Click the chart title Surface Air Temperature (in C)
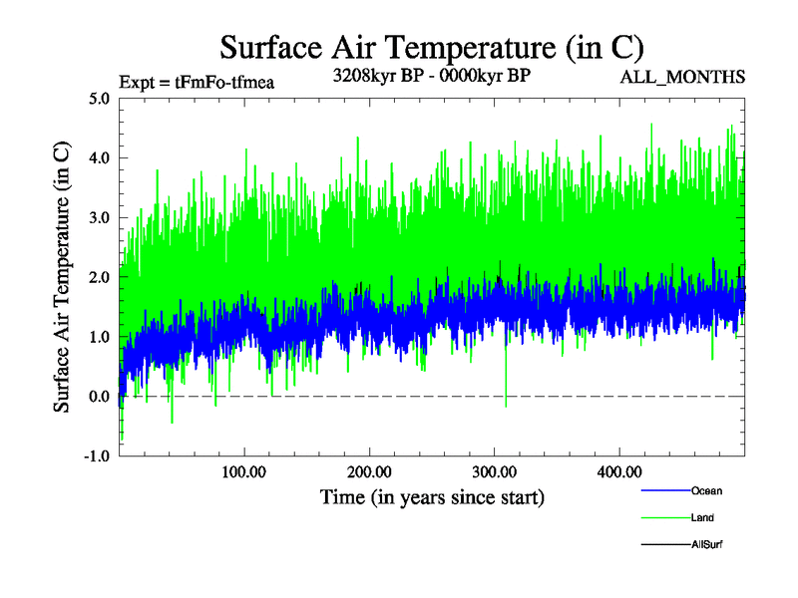[x=432, y=47]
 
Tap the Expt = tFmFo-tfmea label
[x=196, y=83]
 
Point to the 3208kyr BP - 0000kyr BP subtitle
[x=432, y=75]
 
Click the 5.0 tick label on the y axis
[x=100, y=98]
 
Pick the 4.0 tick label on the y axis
[x=100, y=157]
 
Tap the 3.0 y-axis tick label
[x=100, y=217]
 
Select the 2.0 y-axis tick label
[x=100, y=277]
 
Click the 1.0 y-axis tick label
[x=100, y=337]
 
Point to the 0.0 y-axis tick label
[x=100, y=397]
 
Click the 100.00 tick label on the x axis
[x=243, y=471]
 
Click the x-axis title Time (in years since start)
[x=432, y=496]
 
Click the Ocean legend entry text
[x=706, y=490]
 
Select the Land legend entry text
[x=702, y=517]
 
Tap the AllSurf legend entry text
[x=706, y=544]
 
